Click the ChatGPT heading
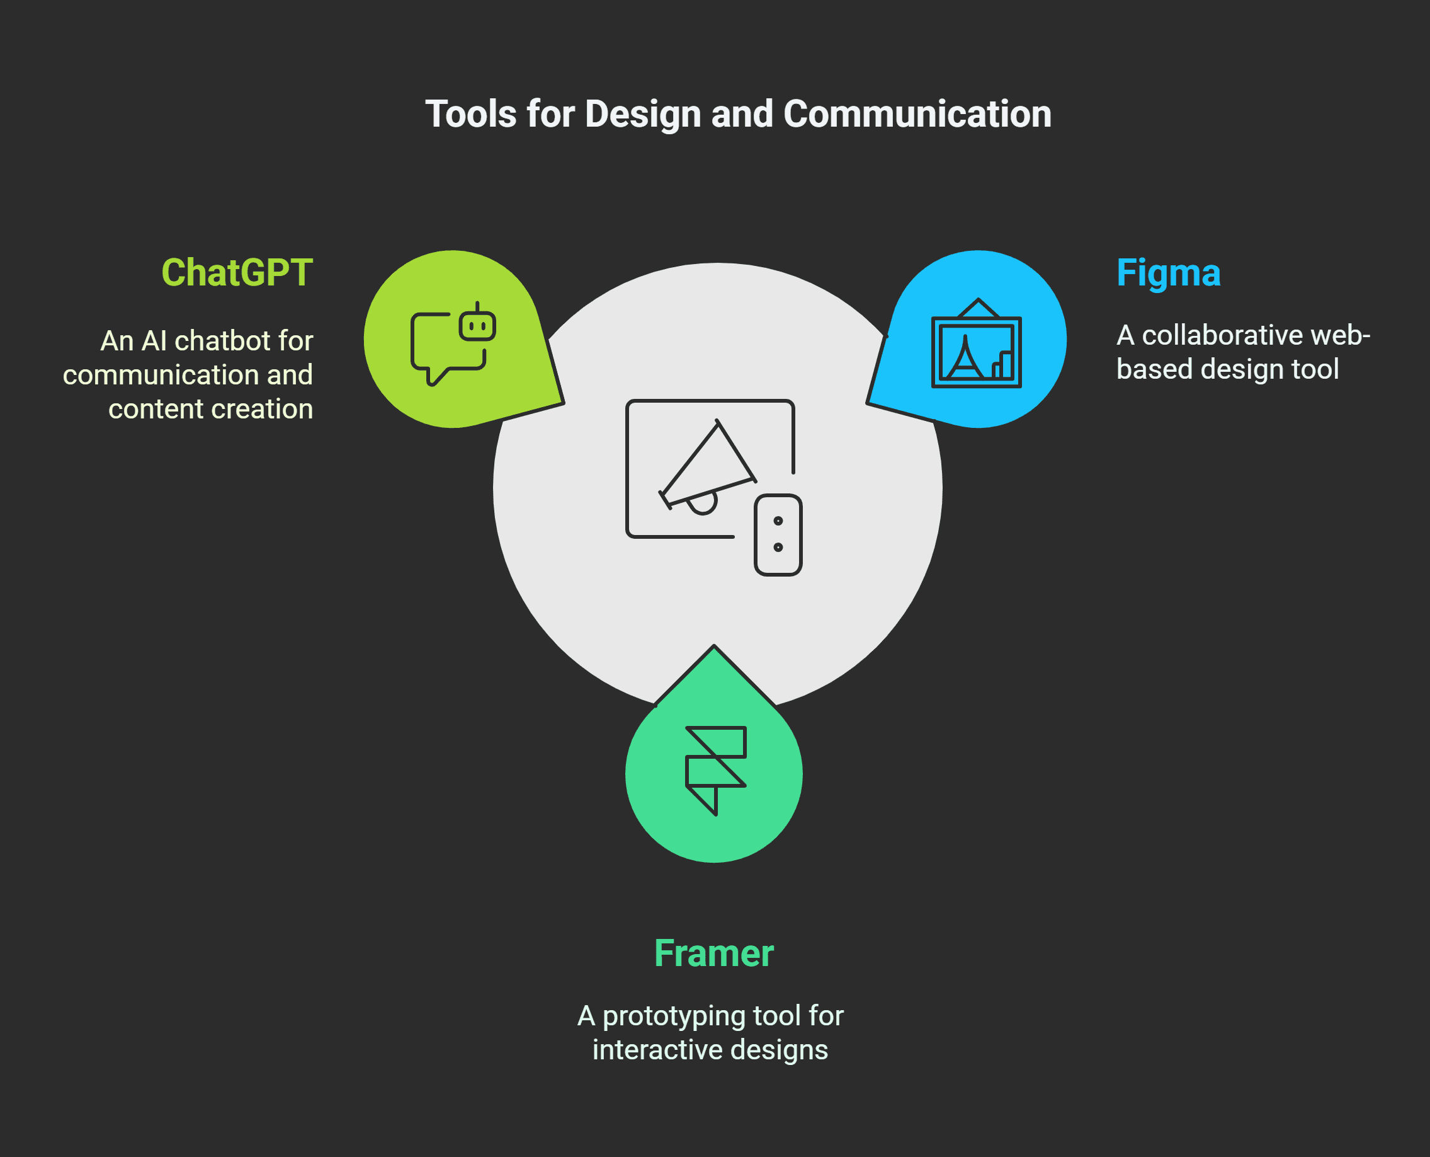pos(237,273)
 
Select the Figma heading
pos(1167,273)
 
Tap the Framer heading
pos(713,953)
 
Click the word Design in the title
pos(643,114)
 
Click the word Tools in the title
pos(470,114)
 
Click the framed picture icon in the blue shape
pos(976,344)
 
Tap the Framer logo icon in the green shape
pos(715,770)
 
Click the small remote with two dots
pos(777,534)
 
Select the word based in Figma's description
pos(1154,369)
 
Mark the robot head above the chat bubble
pos(477,325)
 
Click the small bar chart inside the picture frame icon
pos(1002,365)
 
